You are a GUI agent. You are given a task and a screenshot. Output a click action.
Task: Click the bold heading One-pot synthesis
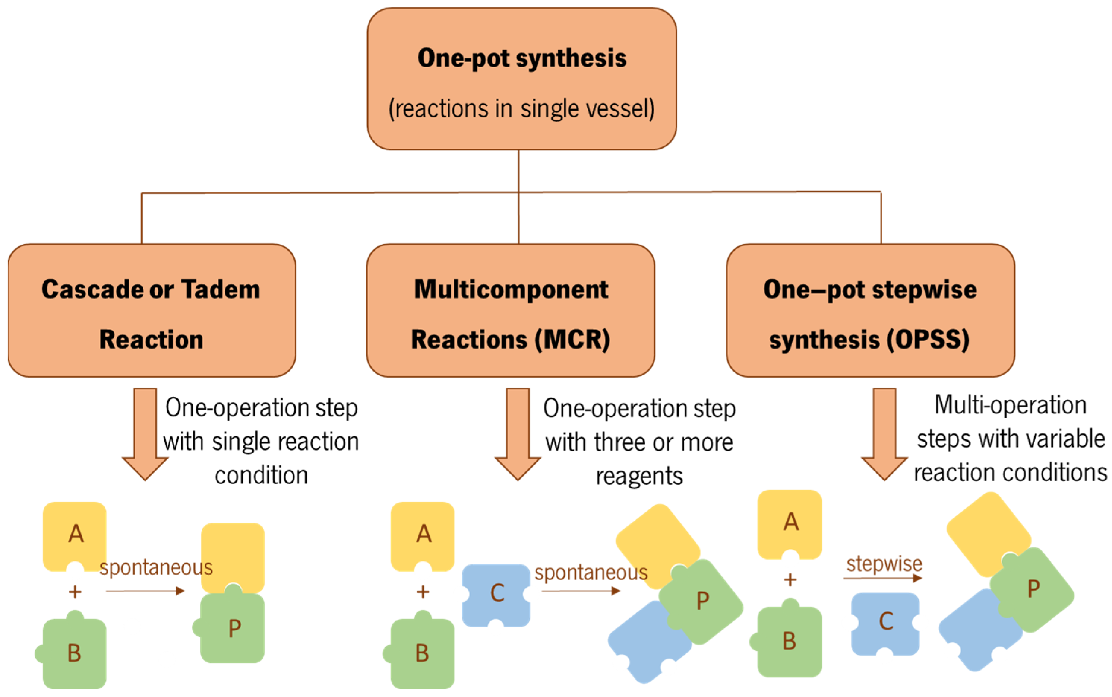coord(521,58)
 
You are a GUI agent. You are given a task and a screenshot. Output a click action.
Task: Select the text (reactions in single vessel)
coord(521,109)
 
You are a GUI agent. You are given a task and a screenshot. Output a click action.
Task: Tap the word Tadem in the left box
coord(221,290)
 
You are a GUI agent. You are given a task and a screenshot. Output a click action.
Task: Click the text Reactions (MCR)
coord(510,340)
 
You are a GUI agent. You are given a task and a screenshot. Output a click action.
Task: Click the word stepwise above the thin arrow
coord(884,563)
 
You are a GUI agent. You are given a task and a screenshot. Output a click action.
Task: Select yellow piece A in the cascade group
coord(75,535)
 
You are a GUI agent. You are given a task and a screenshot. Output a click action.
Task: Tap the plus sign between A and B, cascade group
coord(75,591)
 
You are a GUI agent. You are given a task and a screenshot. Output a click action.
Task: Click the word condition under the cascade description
coord(261,475)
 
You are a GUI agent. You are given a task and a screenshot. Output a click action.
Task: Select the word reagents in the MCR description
coord(639,476)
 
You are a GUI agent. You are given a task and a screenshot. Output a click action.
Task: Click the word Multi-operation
coord(1011,405)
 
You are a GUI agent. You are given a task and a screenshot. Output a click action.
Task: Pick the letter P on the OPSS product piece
coord(1034,589)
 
